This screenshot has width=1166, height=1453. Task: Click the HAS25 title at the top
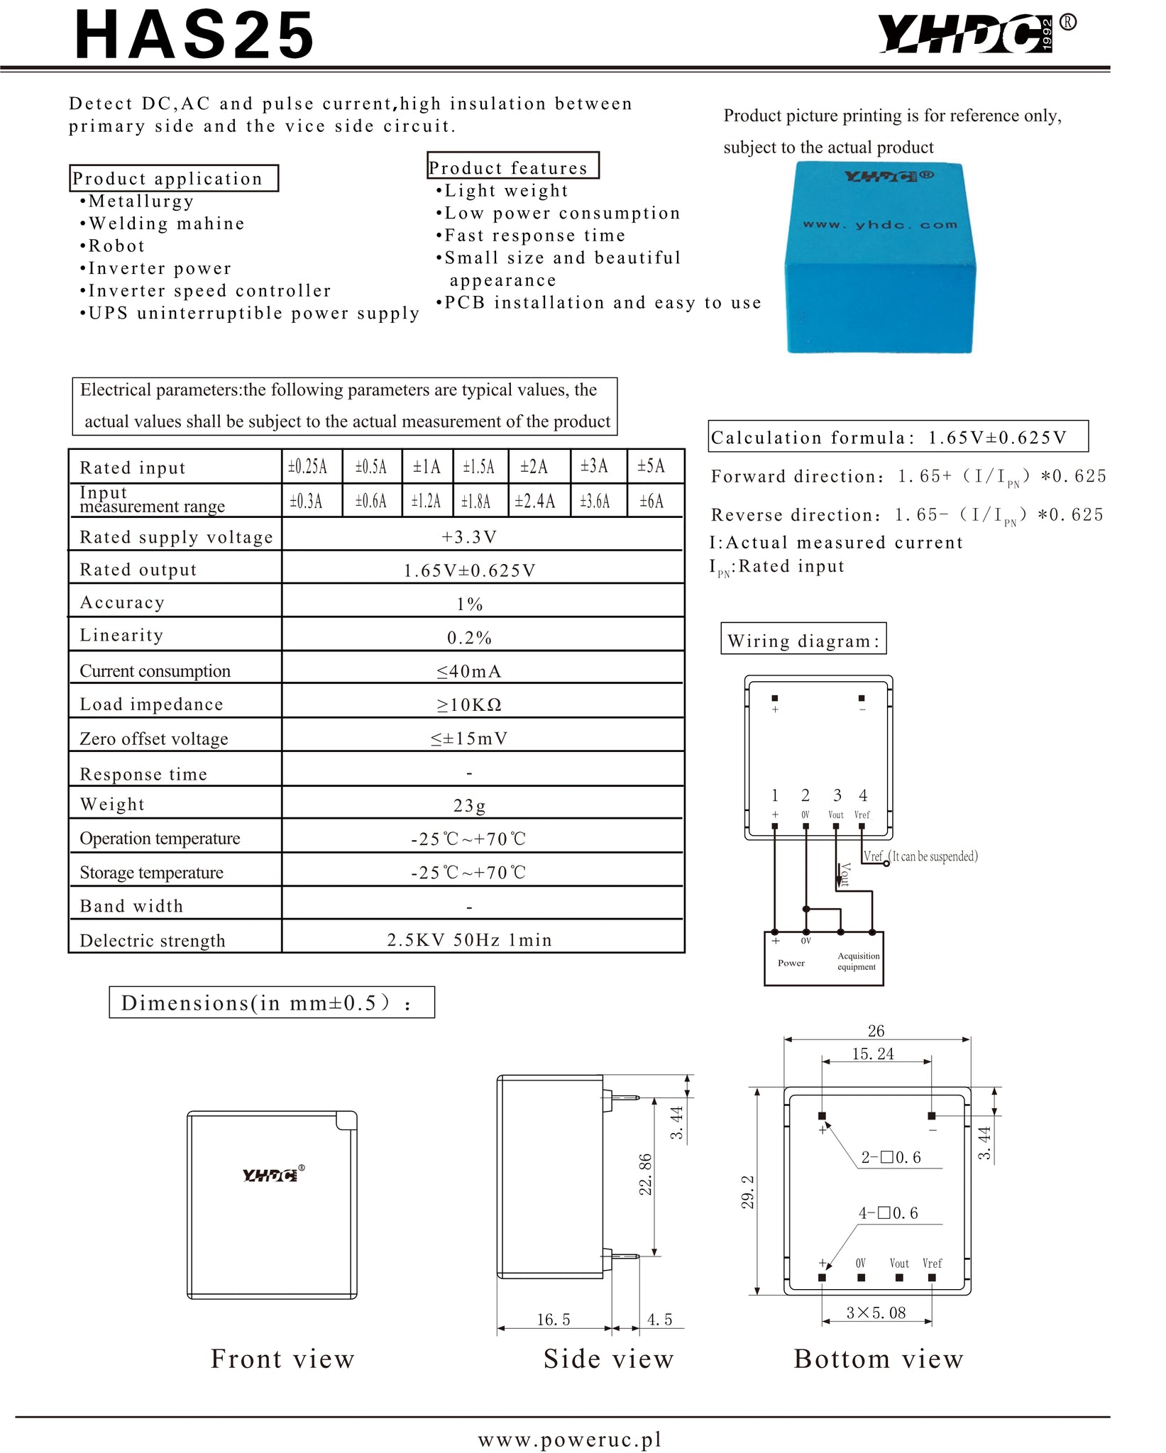click(194, 35)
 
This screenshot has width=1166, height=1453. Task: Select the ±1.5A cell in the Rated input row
click(479, 467)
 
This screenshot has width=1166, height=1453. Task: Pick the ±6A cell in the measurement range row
click(651, 502)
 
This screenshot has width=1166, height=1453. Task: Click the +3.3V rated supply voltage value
click(469, 537)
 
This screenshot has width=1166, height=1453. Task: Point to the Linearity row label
click(121, 635)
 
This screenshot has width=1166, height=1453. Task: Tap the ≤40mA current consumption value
click(469, 671)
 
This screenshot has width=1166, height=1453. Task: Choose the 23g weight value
click(469, 805)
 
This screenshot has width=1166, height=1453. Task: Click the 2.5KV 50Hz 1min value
click(469, 940)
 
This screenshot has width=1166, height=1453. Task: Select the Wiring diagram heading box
click(803, 640)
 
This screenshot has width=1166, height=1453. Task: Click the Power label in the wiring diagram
click(791, 963)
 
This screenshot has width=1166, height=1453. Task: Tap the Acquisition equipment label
click(857, 961)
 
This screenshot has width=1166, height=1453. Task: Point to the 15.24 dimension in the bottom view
click(873, 1054)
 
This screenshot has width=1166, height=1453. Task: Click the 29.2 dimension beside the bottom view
click(747, 1192)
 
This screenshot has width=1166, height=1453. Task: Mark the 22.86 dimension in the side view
click(645, 1174)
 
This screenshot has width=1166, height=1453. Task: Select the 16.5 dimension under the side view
click(553, 1320)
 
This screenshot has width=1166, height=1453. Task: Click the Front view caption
click(282, 1359)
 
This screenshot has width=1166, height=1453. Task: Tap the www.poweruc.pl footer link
click(570, 1440)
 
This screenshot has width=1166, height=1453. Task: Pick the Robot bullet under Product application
click(116, 246)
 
